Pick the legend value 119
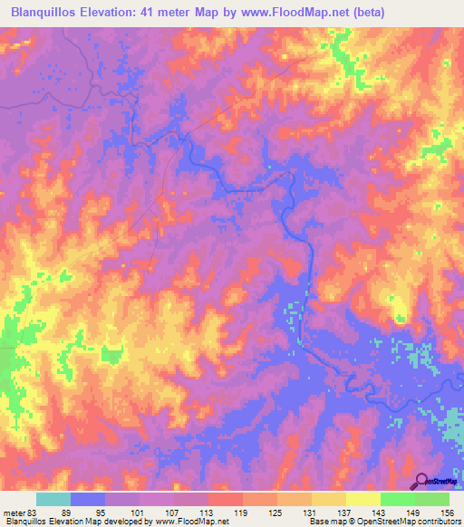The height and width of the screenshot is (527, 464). click(243, 512)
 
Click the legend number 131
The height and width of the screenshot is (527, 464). click(312, 512)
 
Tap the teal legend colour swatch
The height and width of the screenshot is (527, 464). click(53, 499)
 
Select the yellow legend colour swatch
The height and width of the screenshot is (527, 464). click(363, 499)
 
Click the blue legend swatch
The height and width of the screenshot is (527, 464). click(88, 499)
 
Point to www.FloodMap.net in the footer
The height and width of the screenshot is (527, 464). click(192, 522)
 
